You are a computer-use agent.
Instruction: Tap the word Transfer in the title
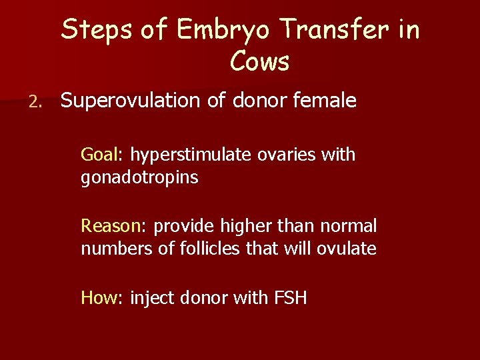click(x=334, y=31)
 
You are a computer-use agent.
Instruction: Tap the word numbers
click(x=109, y=249)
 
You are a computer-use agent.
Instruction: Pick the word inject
click(x=150, y=297)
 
